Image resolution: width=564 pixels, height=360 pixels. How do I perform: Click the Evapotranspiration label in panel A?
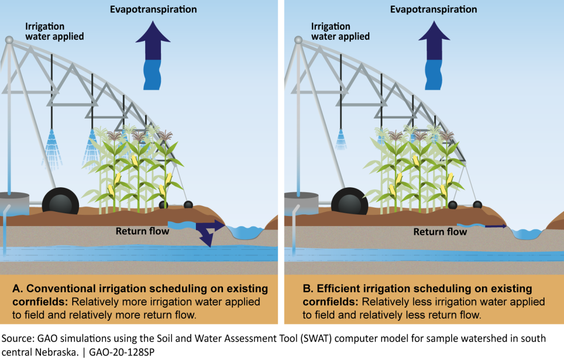(x=153, y=9)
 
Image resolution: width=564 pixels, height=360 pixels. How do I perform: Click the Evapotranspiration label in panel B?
(x=433, y=9)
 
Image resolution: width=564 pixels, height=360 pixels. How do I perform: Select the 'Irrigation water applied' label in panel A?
(x=54, y=31)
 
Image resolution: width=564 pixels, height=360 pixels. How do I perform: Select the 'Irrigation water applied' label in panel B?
(x=340, y=31)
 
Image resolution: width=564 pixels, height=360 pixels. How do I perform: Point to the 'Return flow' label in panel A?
(x=142, y=231)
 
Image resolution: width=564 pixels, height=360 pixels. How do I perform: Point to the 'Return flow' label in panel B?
(x=440, y=232)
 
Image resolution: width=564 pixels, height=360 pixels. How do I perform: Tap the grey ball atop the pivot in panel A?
(x=9, y=39)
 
